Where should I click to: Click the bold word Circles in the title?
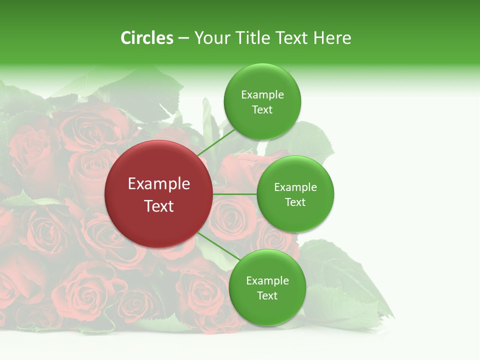pos(146,38)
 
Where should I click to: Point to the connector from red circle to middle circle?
pos(234,193)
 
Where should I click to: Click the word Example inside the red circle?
pos(158,184)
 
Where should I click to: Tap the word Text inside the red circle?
pos(158,206)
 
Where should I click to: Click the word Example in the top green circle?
pos(262,94)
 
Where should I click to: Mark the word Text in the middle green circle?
pos(295,202)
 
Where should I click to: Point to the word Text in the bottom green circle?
pos(267,295)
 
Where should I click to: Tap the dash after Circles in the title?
pos(183,38)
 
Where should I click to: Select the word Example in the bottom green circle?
pos(267,280)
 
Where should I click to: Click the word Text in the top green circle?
pos(262,109)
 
